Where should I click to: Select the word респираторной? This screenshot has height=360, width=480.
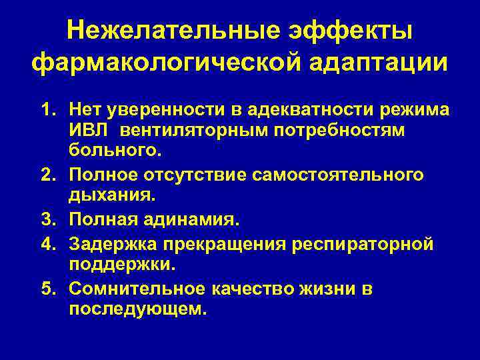point(363,244)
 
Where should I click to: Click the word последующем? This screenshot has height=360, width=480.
point(138,310)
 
